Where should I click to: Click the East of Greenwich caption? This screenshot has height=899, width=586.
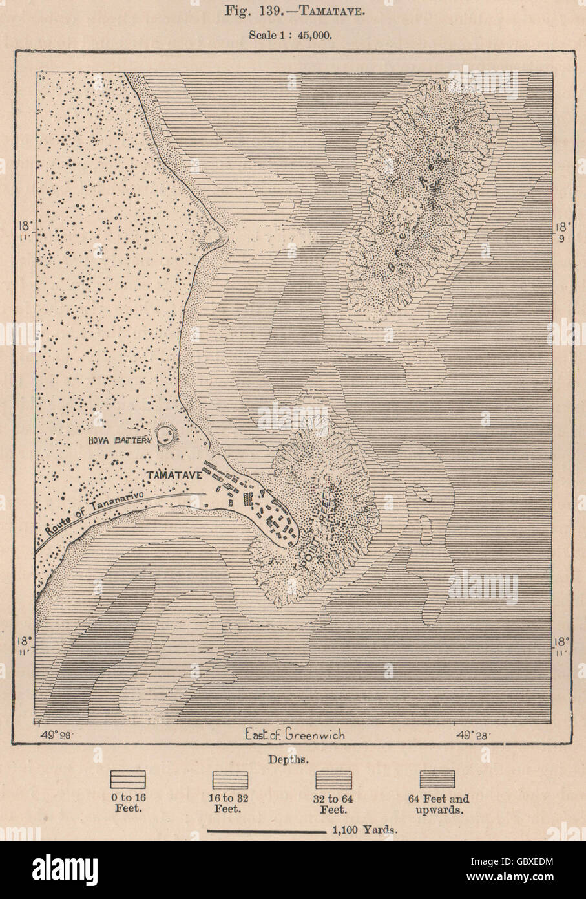click(295, 734)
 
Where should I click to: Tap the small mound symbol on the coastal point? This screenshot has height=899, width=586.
click(211, 240)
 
